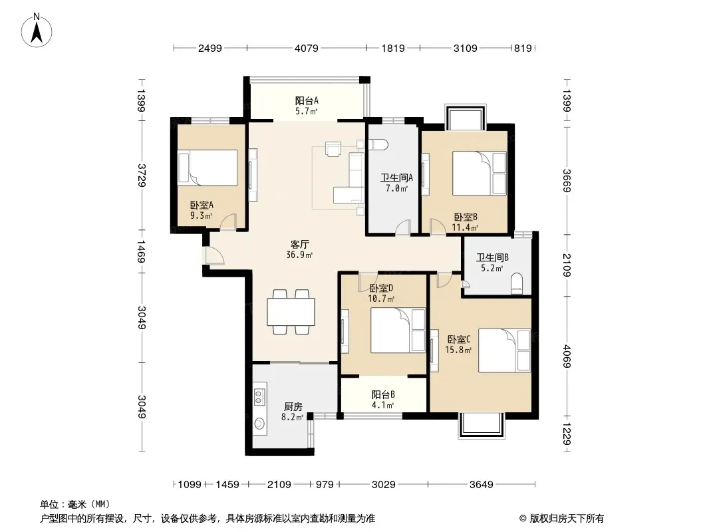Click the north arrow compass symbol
coord(37,31)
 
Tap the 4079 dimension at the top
coord(307,48)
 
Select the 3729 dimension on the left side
coord(142,175)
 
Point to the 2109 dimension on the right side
coord(567,265)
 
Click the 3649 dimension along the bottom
coord(481,485)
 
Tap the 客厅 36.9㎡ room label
coord(299,249)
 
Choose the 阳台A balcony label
coord(307,100)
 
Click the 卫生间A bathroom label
coord(396,178)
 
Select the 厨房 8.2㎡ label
coord(293,412)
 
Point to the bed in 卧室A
coord(208,168)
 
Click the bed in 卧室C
coord(504,350)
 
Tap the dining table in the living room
coord(291,312)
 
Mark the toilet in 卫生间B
coord(516,284)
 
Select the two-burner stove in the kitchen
coord(259,396)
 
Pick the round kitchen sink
coord(259,424)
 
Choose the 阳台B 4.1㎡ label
coord(383,400)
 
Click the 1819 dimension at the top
coord(393,48)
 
